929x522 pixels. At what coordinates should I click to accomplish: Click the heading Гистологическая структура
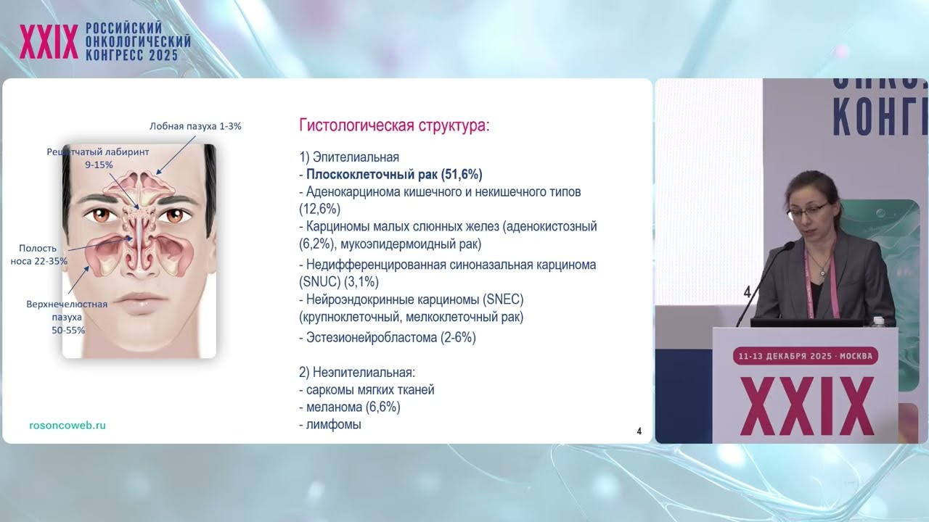(x=394, y=125)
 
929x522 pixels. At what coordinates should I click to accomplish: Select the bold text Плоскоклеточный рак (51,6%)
(x=394, y=175)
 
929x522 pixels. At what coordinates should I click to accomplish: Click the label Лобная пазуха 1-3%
(x=195, y=126)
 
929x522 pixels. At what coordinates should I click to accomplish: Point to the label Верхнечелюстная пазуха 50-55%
(x=67, y=317)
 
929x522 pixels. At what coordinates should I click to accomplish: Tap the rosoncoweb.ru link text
(x=67, y=426)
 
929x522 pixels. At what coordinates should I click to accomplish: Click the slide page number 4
(x=639, y=431)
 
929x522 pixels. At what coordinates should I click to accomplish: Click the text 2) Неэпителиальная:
(x=356, y=373)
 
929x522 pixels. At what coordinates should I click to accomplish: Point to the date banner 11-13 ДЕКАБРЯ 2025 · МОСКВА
(x=805, y=356)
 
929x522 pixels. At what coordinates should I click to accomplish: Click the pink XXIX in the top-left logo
(x=49, y=42)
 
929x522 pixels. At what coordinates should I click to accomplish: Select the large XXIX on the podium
(x=806, y=406)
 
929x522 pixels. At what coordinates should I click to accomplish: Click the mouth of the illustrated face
(x=139, y=300)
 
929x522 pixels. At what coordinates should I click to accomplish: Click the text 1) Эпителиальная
(x=349, y=157)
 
